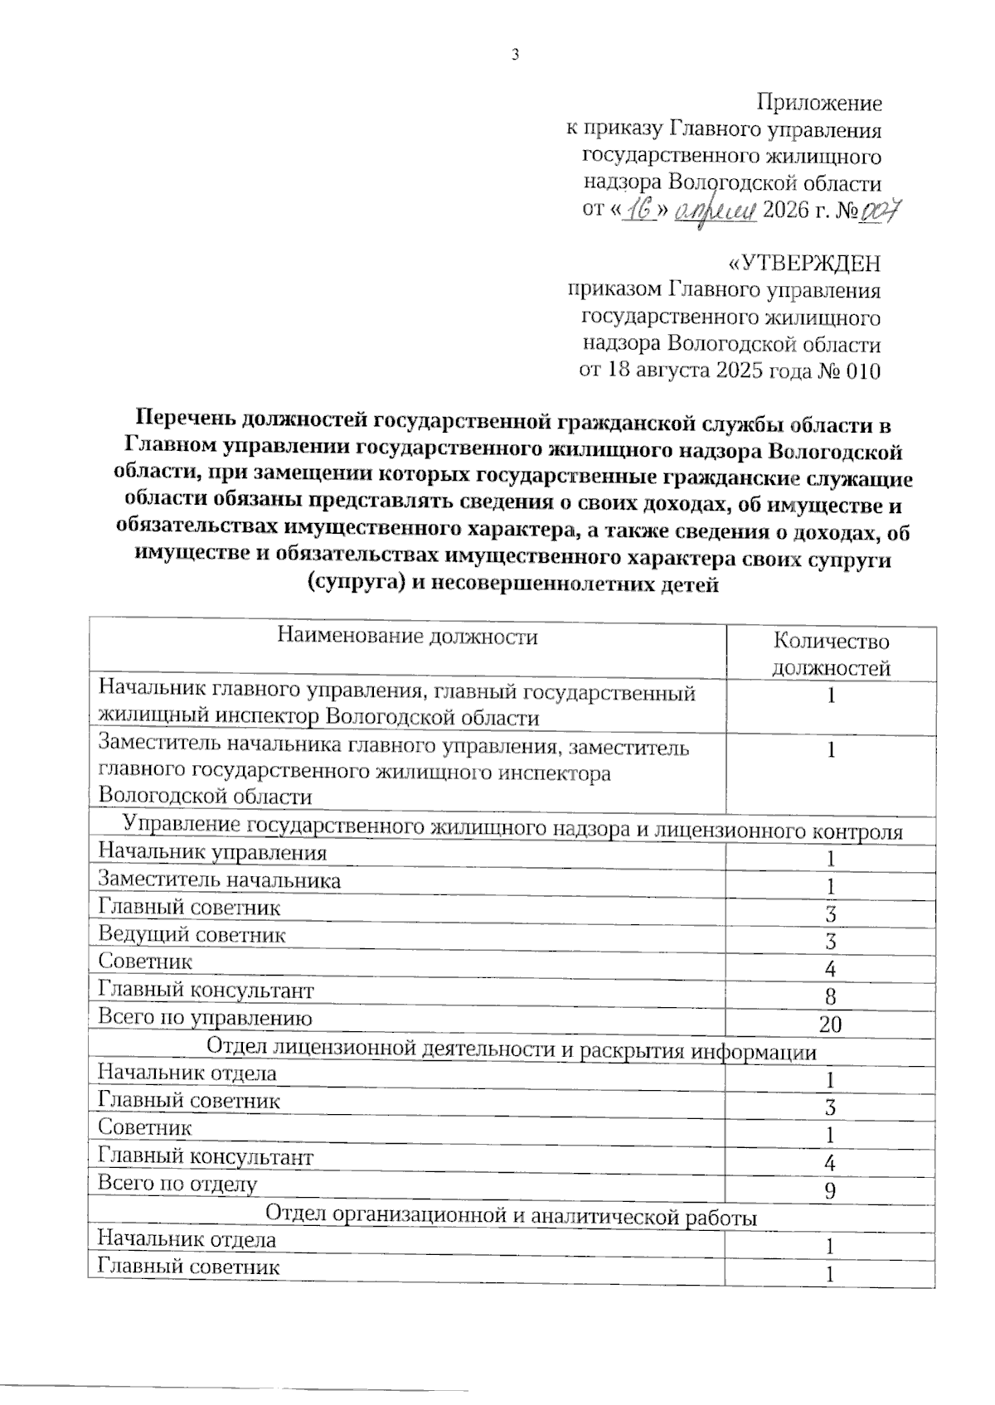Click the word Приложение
pyautogui.click(x=819, y=103)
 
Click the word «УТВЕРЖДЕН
pyautogui.click(x=803, y=264)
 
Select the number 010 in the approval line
pyautogui.click(x=862, y=371)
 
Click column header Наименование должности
pyautogui.click(x=406, y=637)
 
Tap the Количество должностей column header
pyautogui.click(x=830, y=654)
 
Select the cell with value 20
pyautogui.click(x=830, y=1025)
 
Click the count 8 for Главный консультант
pyautogui.click(x=830, y=996)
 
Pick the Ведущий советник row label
pyautogui.click(x=192, y=935)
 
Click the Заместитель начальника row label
pyautogui.click(x=219, y=880)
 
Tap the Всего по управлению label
pyautogui.click(x=205, y=1018)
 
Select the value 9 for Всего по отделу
pyautogui.click(x=830, y=1191)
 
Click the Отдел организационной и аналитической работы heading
pyautogui.click(x=511, y=1217)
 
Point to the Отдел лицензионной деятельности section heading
pyautogui.click(x=511, y=1050)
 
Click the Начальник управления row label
pyautogui.click(x=212, y=852)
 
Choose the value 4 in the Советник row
pyautogui.click(x=830, y=969)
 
